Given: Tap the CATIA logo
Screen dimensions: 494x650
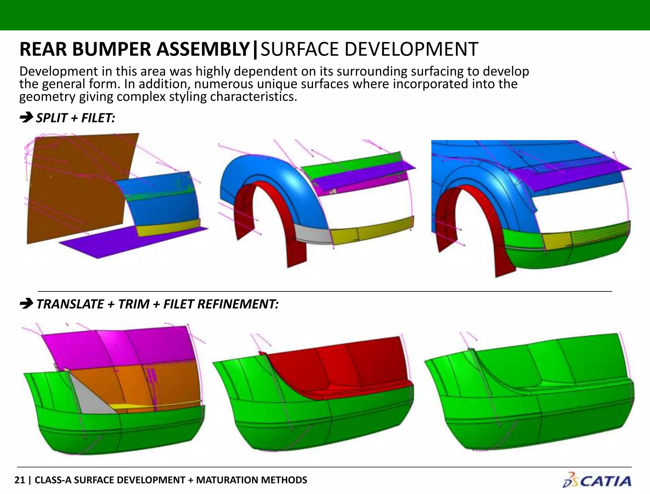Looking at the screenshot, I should [597, 480].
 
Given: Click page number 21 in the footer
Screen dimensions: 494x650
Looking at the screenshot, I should [19, 480].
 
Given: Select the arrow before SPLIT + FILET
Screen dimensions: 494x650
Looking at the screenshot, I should [26, 118].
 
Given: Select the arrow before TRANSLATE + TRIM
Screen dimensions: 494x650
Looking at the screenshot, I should [26, 304].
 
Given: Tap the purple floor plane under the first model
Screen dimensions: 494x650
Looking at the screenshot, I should [127, 241].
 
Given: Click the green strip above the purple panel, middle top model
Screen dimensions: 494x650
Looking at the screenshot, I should [349, 165].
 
